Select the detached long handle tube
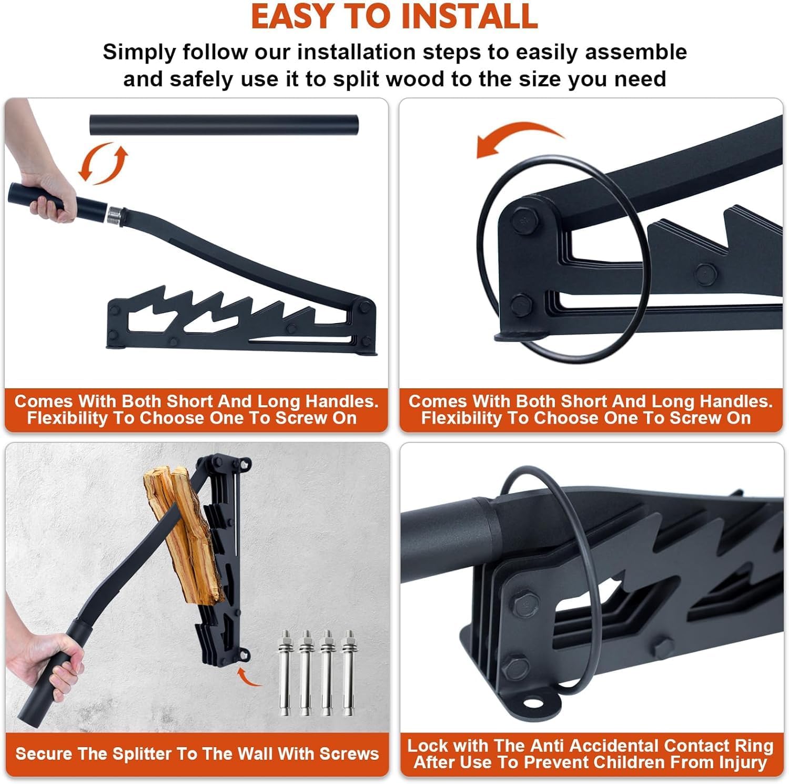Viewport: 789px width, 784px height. [x=224, y=125]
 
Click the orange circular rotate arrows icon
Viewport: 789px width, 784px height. [x=103, y=163]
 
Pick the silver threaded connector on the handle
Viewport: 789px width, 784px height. [x=115, y=215]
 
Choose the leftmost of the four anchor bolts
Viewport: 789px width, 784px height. [x=286, y=674]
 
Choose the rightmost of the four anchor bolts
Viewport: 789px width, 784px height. [x=348, y=674]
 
